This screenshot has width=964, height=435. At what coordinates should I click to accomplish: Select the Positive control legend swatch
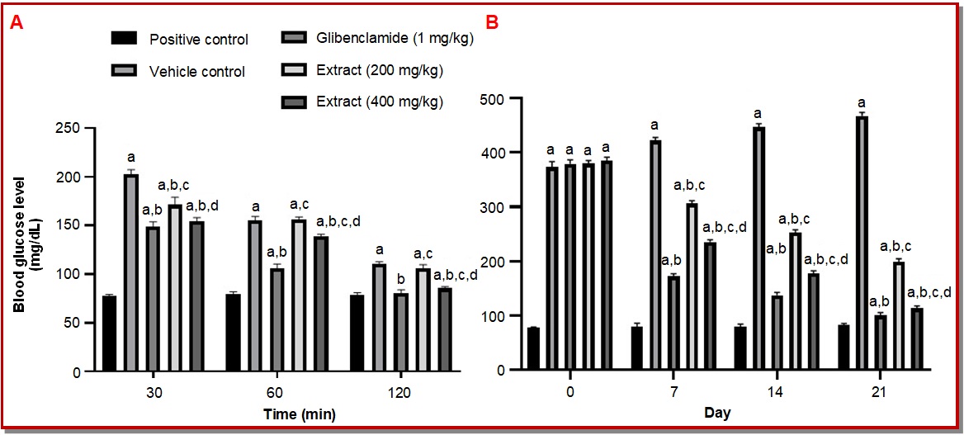[x=124, y=38]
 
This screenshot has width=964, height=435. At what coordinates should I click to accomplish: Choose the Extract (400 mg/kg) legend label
[x=380, y=102]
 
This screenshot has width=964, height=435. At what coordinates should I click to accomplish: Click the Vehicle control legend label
[x=196, y=71]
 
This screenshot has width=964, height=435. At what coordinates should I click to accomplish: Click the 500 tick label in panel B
[x=495, y=98]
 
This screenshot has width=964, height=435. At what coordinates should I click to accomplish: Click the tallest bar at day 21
[x=862, y=244]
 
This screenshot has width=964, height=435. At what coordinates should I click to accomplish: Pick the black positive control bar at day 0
[x=533, y=349]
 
